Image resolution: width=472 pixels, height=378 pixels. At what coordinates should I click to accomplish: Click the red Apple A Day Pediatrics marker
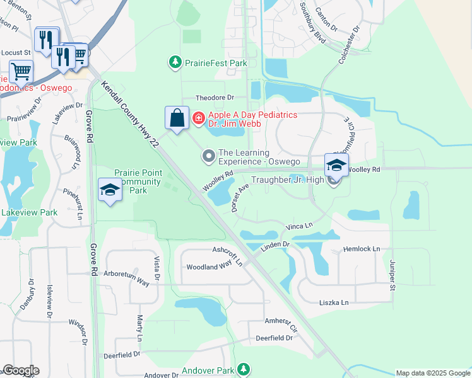tap(198, 118)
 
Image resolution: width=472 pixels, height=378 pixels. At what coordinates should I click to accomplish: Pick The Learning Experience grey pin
tap(208, 156)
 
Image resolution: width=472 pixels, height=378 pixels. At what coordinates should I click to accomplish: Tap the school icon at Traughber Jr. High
tap(336, 166)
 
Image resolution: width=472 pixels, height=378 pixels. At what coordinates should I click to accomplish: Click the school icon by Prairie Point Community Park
tap(110, 190)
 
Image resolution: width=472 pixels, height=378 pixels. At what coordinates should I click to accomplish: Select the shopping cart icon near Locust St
tap(21, 72)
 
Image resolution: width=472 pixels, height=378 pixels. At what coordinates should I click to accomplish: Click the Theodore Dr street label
tap(215, 98)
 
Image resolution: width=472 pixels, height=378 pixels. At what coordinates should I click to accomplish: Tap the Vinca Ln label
tap(299, 226)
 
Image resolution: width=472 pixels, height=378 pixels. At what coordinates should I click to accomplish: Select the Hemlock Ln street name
tap(362, 249)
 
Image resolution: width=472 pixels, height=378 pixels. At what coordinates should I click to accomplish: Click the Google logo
tap(21, 370)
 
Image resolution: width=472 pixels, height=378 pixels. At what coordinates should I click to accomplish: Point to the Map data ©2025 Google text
tap(432, 373)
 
